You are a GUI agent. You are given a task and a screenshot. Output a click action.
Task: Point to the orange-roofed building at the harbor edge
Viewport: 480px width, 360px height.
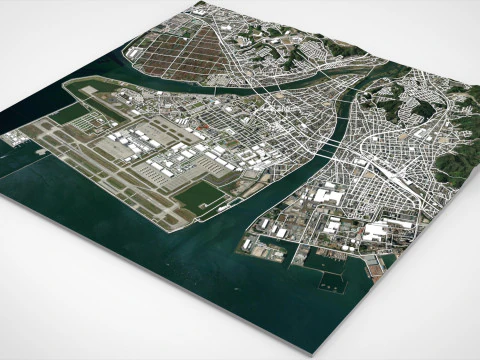372,263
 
